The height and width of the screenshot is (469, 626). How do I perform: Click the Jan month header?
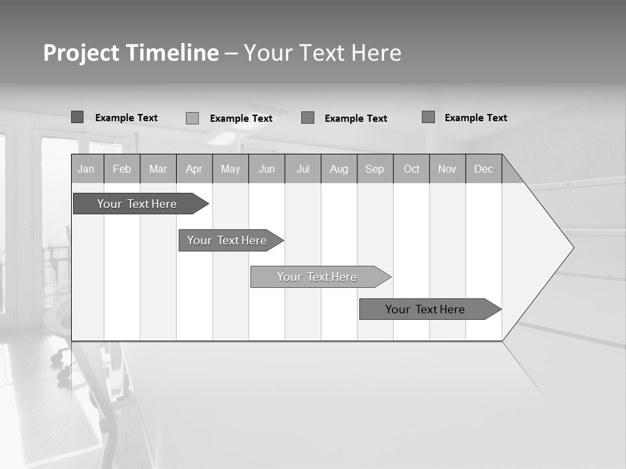87,169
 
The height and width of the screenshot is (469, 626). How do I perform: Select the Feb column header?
122,169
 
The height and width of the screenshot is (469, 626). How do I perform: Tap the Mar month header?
158,169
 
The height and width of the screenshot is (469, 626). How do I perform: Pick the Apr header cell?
194,169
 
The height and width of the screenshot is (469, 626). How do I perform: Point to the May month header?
230,169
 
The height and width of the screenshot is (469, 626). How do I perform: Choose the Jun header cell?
267,169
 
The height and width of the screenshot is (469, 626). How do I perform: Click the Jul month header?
303,169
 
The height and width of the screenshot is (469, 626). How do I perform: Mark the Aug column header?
339,169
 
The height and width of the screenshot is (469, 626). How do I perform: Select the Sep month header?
375,169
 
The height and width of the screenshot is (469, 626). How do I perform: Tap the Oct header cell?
411,169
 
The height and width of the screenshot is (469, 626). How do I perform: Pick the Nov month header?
447,169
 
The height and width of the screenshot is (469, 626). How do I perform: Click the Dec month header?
484,169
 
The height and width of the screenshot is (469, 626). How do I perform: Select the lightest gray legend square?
192,118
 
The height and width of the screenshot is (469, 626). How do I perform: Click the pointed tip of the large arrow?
572,248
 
